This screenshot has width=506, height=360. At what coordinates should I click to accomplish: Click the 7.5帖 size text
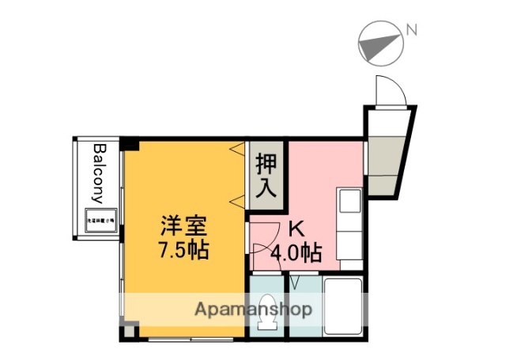185,252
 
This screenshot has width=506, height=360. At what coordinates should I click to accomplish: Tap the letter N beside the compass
411,30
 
